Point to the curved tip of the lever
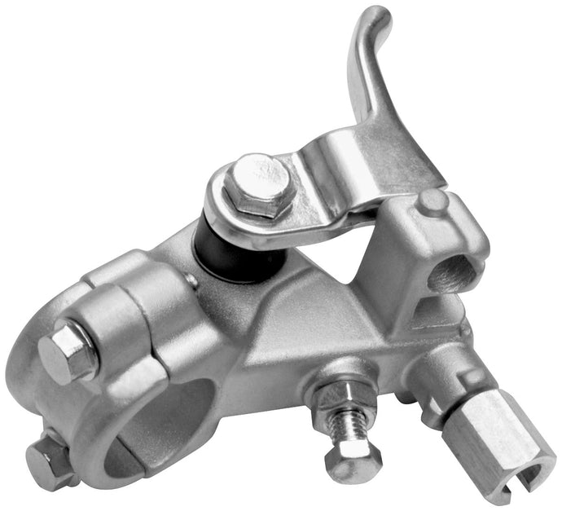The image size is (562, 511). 376,18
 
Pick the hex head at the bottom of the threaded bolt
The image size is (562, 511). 353,461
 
